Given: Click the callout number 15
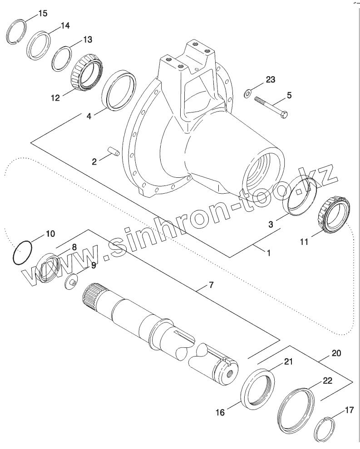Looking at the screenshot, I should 42,13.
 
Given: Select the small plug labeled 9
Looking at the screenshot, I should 71,281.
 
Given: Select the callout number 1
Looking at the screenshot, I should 269,253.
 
